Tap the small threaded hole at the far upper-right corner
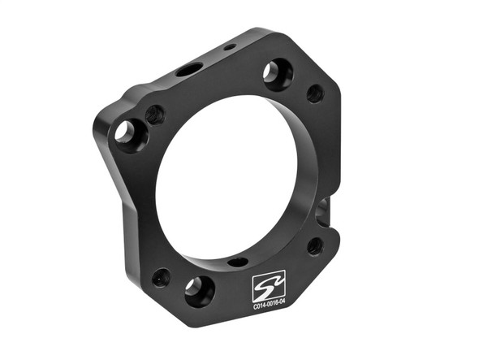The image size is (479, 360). coord(315,93)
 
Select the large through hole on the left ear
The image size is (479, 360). coord(127,132)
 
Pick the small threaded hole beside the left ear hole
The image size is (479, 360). coord(153,115)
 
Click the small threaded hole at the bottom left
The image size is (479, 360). coord(161,277)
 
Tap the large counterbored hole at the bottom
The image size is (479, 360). coord(199,290)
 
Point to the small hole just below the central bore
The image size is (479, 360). coord(238,262)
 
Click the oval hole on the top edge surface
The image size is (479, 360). coord(188,70)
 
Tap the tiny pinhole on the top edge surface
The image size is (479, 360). coord(230,47)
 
